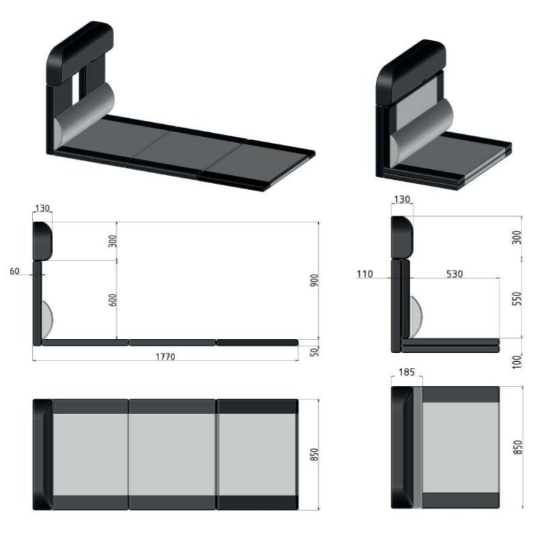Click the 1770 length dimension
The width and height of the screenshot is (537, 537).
(x=165, y=356)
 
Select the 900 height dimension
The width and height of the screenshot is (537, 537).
(x=314, y=280)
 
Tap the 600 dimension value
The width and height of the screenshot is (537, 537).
(x=112, y=299)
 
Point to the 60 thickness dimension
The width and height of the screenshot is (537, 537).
(x=14, y=271)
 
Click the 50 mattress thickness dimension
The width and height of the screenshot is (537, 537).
(x=314, y=351)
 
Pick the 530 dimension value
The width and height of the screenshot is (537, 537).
(x=454, y=274)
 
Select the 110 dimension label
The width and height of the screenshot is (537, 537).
(x=364, y=274)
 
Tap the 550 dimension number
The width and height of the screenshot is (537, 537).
(x=517, y=298)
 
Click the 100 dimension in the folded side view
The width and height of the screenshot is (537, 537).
(x=517, y=362)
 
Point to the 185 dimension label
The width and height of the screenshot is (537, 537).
(x=407, y=372)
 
